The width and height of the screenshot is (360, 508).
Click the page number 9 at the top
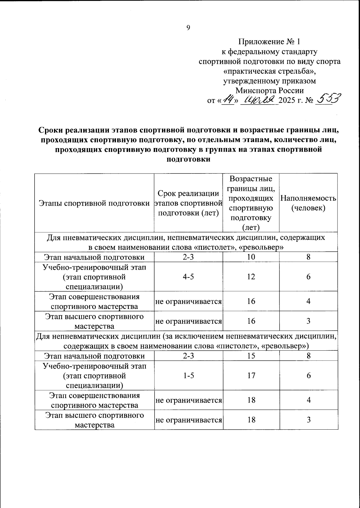click(x=188, y=28)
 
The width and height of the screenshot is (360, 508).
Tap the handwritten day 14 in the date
click(x=227, y=99)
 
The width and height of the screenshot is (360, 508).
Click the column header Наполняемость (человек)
click(x=308, y=203)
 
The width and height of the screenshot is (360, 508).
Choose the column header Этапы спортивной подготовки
click(x=94, y=203)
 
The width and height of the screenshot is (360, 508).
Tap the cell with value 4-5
click(x=188, y=277)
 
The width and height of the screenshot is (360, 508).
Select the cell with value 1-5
click(x=188, y=376)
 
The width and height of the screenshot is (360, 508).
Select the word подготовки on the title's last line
click(x=188, y=159)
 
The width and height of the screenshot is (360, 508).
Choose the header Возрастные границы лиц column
click(x=251, y=203)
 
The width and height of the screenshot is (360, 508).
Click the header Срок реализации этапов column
click(x=188, y=203)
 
